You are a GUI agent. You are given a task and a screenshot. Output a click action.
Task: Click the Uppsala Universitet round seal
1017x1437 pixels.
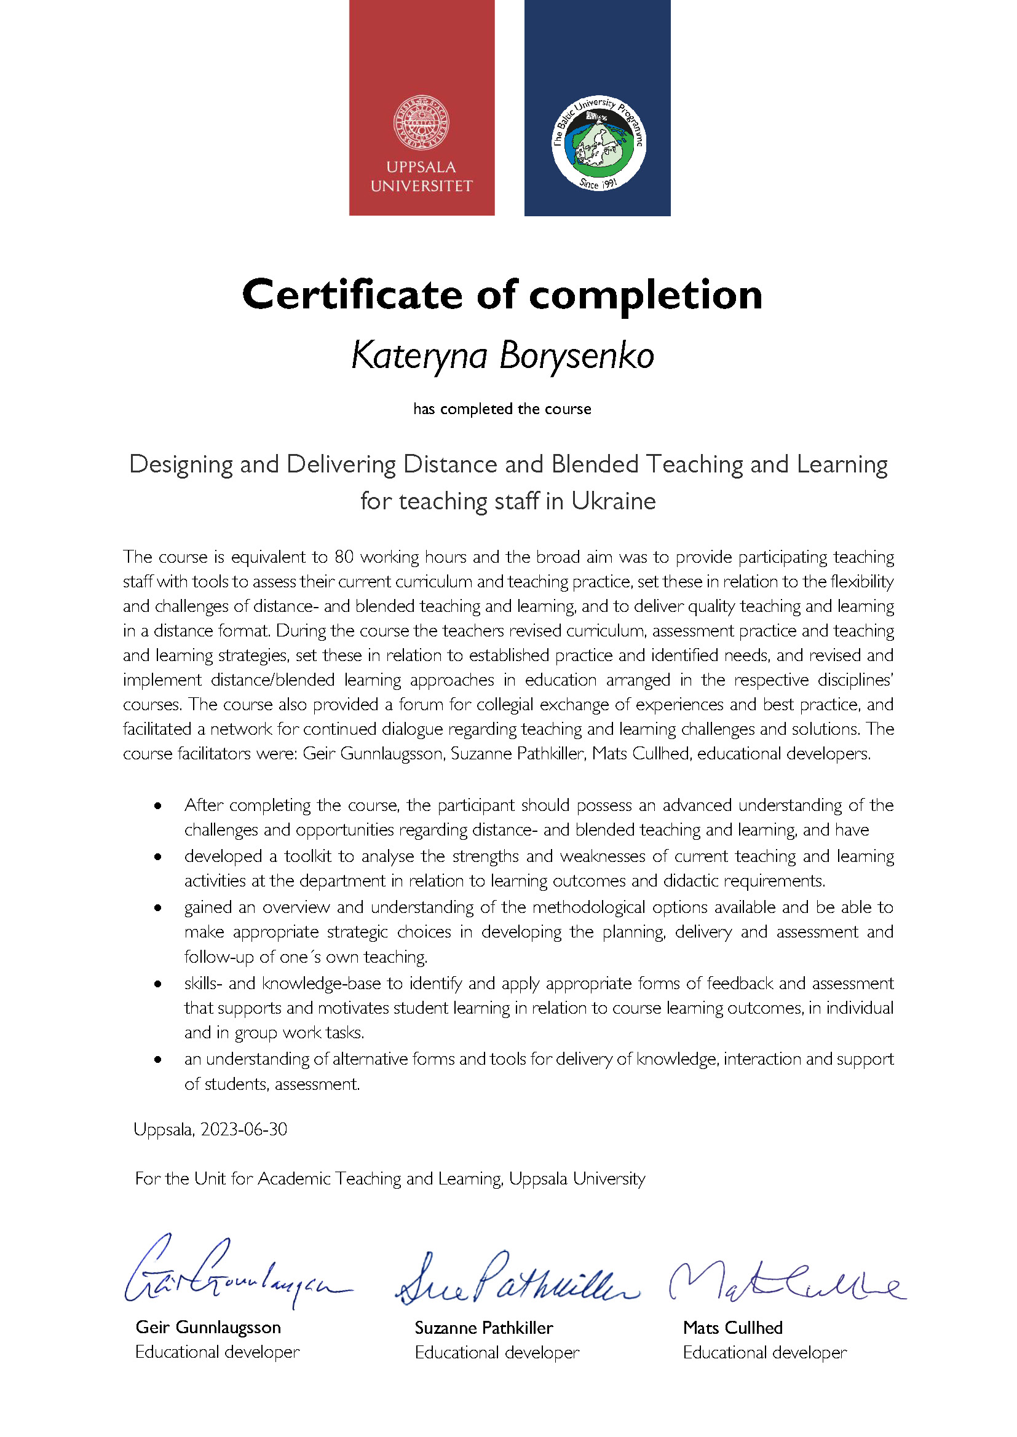pyautogui.click(x=421, y=123)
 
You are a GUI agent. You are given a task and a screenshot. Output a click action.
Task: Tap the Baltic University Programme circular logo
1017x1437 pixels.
pyautogui.click(x=598, y=143)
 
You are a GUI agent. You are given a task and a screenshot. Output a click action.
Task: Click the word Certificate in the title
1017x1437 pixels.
pyautogui.click(x=351, y=295)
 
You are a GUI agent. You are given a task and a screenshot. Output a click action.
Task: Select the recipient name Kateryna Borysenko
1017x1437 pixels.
pyautogui.click(x=502, y=356)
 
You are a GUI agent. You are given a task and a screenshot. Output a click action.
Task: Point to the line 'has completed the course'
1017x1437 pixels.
pyautogui.click(x=502, y=409)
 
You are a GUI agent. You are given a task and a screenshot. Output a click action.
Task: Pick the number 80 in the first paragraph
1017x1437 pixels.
pyautogui.click(x=344, y=557)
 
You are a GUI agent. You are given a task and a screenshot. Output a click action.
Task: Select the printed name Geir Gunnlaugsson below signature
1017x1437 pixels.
pyautogui.click(x=208, y=1327)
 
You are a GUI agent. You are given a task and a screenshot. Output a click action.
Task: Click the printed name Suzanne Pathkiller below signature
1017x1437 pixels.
pyautogui.click(x=483, y=1328)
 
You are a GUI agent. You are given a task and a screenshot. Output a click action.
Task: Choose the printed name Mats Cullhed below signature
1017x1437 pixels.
pyautogui.click(x=733, y=1328)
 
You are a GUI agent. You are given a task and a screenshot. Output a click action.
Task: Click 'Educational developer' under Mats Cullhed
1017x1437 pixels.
pyautogui.click(x=764, y=1352)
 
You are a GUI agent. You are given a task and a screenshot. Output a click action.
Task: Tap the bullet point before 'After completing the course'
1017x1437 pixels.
pyautogui.click(x=158, y=806)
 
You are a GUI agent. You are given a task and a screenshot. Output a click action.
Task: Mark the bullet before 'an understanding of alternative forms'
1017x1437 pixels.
pyautogui.click(x=158, y=1060)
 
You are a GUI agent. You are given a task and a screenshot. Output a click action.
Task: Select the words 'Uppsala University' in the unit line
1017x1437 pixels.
pyautogui.click(x=577, y=1178)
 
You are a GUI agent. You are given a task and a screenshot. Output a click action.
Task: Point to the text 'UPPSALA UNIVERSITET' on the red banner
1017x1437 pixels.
pyautogui.click(x=421, y=176)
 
